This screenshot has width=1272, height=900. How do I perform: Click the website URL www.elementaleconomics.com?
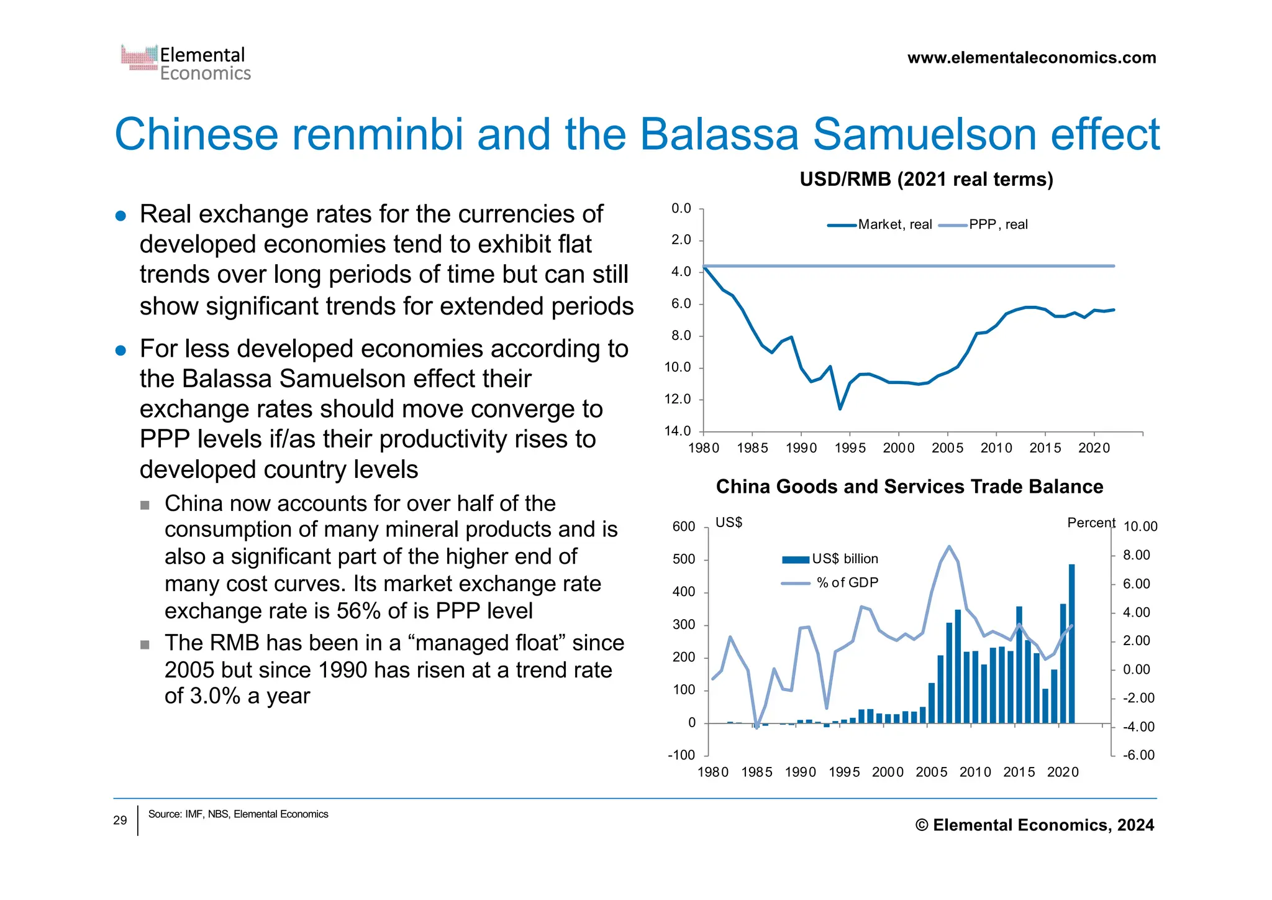point(1031,58)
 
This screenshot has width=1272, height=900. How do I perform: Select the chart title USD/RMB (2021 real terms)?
point(926,179)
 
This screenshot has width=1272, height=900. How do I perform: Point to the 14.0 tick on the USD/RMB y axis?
point(678,431)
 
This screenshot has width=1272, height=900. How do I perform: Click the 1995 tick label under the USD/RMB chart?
point(850,448)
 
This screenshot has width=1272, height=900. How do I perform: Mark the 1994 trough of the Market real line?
point(840,408)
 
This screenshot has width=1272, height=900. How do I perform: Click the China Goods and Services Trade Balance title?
point(909,486)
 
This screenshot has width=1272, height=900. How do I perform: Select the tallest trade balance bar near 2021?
point(1071,643)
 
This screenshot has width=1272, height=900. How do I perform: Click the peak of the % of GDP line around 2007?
point(949,547)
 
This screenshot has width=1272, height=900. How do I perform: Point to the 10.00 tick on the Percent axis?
point(1140,526)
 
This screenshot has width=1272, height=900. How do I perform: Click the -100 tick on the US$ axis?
point(681,755)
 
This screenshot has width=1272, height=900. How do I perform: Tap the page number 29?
point(120,820)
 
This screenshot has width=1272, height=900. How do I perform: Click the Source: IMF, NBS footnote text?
point(238,814)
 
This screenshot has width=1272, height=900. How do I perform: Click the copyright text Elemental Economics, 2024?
point(1035,825)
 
